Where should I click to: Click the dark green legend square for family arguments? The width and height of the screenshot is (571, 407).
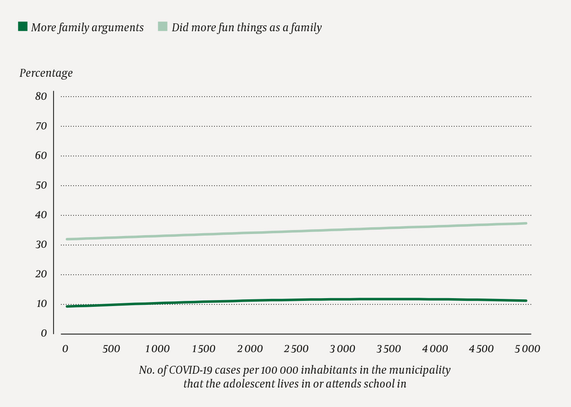pyautogui.click(x=23, y=27)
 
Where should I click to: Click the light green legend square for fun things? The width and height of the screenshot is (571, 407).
pyautogui.click(x=163, y=27)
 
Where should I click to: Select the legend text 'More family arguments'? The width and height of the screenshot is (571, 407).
pyautogui.click(x=87, y=28)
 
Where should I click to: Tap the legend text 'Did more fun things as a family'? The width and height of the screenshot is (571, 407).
pyautogui.click(x=246, y=28)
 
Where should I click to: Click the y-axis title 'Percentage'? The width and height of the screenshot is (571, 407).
pyautogui.click(x=46, y=73)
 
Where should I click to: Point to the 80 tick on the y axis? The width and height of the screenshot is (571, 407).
pyautogui.click(x=41, y=96)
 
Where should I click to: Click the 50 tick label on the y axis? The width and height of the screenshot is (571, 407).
pyautogui.click(x=41, y=185)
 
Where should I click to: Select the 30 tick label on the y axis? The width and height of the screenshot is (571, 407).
pyautogui.click(x=41, y=245)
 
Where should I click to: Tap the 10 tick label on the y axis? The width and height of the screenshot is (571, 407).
pyautogui.click(x=41, y=304)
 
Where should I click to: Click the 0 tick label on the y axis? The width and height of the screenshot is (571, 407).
pyautogui.click(x=44, y=333)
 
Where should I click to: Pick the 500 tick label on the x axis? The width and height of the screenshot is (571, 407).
pyautogui.click(x=111, y=349)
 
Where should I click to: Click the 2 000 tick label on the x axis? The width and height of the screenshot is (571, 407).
pyautogui.click(x=250, y=349)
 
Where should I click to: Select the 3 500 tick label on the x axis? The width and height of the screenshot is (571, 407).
pyautogui.click(x=388, y=349)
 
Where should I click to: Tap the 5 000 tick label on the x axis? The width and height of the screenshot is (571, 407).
pyautogui.click(x=527, y=349)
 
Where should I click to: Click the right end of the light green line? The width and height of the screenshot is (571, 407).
pyautogui.click(x=526, y=223)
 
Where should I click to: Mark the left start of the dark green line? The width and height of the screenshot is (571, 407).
pyautogui.click(x=67, y=306)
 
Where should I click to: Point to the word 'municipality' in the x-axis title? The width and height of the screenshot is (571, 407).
pyautogui.click(x=420, y=370)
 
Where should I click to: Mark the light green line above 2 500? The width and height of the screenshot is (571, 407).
pyautogui.click(x=296, y=231)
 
